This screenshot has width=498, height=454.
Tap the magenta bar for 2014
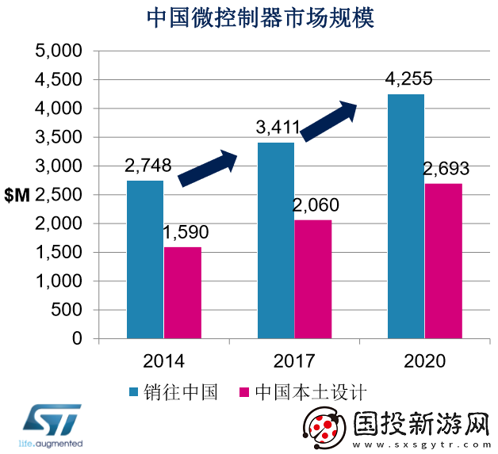point(182,292)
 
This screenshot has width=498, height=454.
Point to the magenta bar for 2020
point(443,261)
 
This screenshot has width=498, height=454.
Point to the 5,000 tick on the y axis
point(60,52)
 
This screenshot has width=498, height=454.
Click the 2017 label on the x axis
point(294,362)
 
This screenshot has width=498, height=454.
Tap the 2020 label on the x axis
point(424,362)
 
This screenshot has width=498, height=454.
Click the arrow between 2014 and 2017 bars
point(208,169)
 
